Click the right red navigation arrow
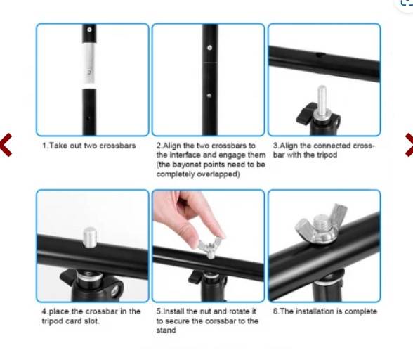[x=407, y=144]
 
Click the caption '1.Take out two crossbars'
[x=81, y=146]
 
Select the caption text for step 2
[x=210, y=159]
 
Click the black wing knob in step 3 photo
[x=307, y=111]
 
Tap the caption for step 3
[x=324, y=150]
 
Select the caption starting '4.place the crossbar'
[x=91, y=316]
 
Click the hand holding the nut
[x=181, y=214]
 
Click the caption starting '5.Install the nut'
[x=207, y=321]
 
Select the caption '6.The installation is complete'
[x=324, y=311]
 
